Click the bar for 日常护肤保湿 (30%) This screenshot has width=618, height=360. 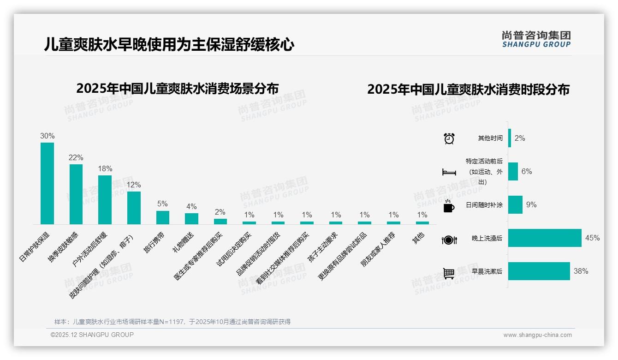coord(47,183)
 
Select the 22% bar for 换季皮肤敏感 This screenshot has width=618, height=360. coord(76,194)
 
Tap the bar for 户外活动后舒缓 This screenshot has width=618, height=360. coord(105,200)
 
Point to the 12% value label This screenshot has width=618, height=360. coord(134,185)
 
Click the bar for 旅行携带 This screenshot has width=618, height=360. coord(162,217)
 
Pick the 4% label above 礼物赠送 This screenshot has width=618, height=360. coord(191,206)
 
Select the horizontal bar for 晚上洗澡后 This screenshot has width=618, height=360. coord(545,238)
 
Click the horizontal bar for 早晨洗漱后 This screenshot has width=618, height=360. coord(539,271)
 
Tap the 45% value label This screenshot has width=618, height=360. coord(592,238)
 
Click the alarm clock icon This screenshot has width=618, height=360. coord(449,138)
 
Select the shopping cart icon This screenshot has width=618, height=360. coord(449,273)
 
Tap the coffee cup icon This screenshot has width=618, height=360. coord(449,206)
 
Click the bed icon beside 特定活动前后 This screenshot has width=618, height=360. coord(449,172)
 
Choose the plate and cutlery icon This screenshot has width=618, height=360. coord(449,240)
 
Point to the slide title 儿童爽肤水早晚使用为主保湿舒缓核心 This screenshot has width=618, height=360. coord(169,45)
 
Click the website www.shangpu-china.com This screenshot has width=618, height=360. coord(537,335)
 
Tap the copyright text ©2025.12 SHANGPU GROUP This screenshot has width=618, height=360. coord(92,335)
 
